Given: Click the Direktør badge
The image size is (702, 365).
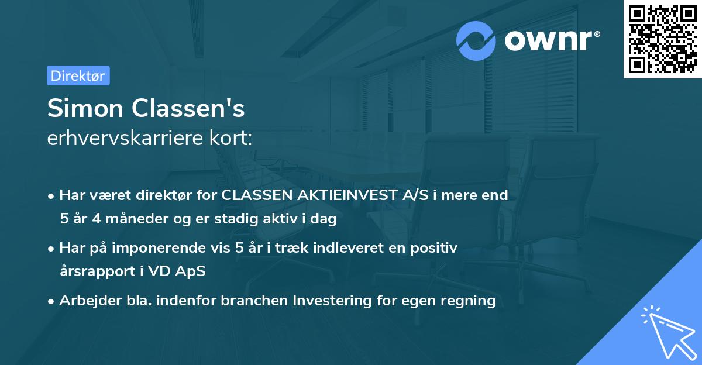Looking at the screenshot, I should pyautogui.click(x=78, y=75).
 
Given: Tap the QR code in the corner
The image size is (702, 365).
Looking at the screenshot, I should pyautogui.click(x=662, y=39).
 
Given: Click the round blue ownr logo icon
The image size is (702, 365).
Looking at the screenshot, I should pyautogui.click(x=477, y=41).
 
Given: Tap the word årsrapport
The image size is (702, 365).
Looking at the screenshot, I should pyautogui.click(x=93, y=271).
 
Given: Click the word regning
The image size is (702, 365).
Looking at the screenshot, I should pyautogui.click(x=472, y=301).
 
